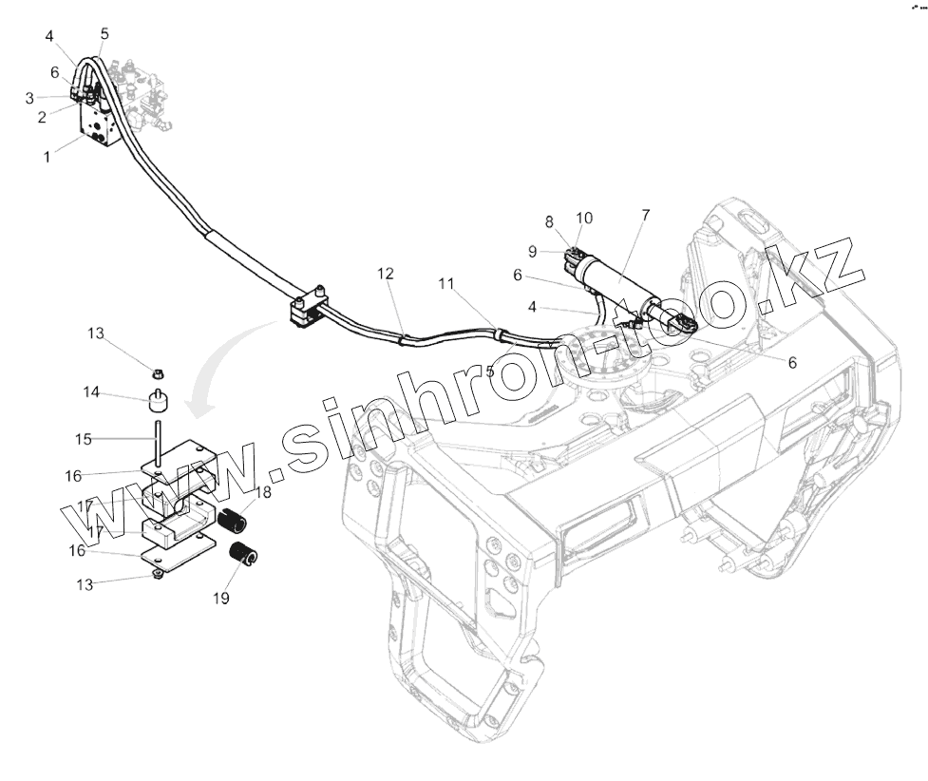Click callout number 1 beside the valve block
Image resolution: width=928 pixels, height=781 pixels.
[x=47, y=157]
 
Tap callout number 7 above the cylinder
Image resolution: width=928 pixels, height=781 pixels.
[x=646, y=216]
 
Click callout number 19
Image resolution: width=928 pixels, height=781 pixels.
[x=222, y=600]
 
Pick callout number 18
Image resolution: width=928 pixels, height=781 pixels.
[x=263, y=492]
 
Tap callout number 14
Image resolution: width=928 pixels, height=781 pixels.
[x=91, y=391]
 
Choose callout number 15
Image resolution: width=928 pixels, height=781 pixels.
[x=85, y=438]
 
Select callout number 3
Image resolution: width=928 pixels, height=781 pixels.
[x=29, y=98]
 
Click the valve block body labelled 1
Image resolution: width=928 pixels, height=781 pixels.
[x=102, y=128]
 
